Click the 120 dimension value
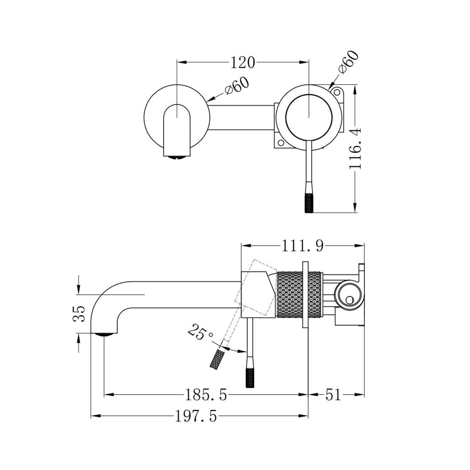point(243,63)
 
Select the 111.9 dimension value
point(302,246)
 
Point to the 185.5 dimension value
point(206,395)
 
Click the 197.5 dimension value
point(196,417)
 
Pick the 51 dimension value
point(333,395)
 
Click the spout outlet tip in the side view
point(104,334)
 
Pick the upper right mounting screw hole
point(337,92)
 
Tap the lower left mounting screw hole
point(280,143)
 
